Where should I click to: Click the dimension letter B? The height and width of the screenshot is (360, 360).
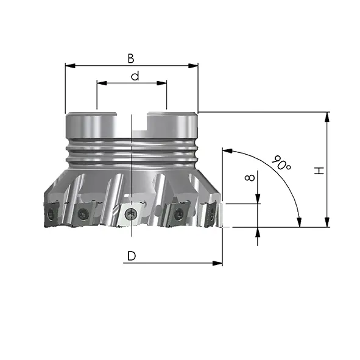coord(131,58)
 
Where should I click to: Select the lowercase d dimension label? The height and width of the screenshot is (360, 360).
coord(135,76)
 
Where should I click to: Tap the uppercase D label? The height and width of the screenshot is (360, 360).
coord(132,256)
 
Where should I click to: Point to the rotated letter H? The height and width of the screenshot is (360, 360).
coord(319,171)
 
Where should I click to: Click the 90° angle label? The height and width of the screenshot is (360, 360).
coord(281,163)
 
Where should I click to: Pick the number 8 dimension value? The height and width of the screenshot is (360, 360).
coord(250,177)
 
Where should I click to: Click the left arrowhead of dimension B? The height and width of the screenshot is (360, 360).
coord(70,66)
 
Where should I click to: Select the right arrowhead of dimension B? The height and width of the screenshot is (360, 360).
coord(193,66)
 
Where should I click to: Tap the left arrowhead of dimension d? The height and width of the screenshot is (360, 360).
coord(102,83)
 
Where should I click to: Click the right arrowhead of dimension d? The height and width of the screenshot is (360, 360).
coord(161,83)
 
